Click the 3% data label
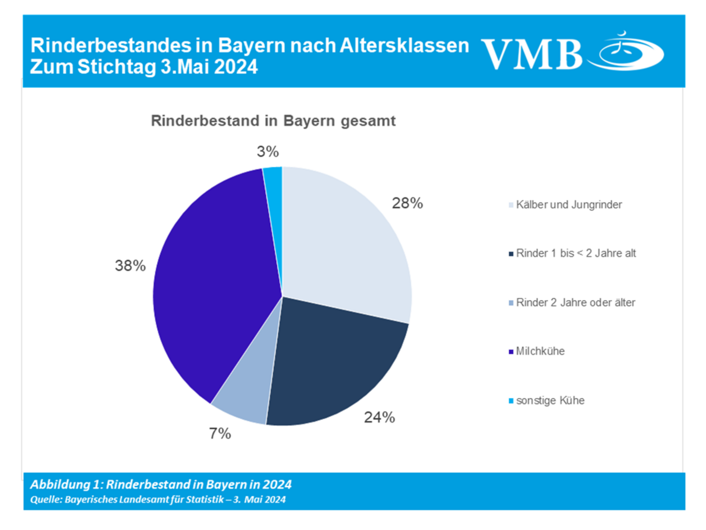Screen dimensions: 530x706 (x=268, y=152)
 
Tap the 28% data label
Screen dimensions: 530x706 (x=407, y=203)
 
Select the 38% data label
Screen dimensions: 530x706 (x=130, y=266)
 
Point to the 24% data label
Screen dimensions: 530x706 (x=379, y=417)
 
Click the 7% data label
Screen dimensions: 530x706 (x=220, y=433)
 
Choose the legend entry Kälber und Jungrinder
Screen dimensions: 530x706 (x=569, y=205)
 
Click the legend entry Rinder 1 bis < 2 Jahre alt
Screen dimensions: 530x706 (x=575, y=253)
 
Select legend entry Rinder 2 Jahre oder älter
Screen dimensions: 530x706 (x=575, y=302)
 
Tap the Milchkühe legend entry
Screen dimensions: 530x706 (x=540, y=351)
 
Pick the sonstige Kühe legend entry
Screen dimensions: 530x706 (x=550, y=400)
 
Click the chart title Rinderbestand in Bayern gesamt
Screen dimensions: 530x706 (x=273, y=121)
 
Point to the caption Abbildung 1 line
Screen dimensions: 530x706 (x=161, y=484)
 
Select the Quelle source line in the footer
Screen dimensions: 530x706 (x=158, y=499)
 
